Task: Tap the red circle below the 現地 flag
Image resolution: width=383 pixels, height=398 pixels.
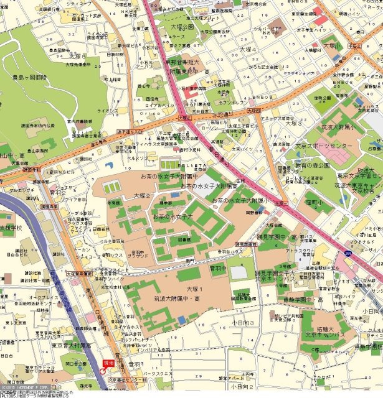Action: [102, 371]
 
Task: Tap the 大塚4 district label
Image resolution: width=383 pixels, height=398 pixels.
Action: [248, 49]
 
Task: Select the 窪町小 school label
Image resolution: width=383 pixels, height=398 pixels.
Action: [296, 202]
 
